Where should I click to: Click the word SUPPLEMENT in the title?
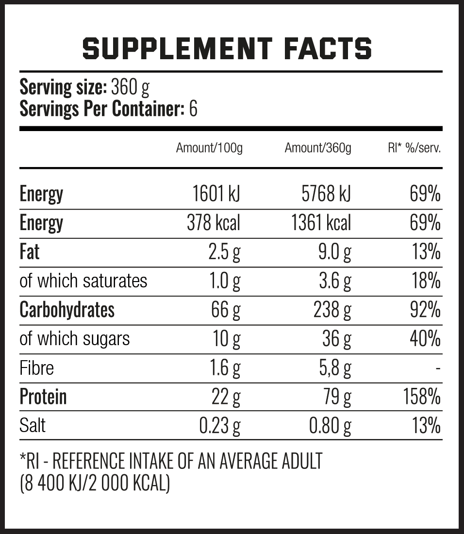177,48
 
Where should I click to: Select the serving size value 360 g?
130,87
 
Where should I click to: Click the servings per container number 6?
193,109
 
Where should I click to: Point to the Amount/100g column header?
209,148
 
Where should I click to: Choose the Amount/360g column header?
318,148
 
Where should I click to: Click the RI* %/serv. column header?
414,148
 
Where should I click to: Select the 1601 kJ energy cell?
216,194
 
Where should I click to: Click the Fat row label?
30,252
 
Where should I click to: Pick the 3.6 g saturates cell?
335,282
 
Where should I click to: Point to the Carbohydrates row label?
67,310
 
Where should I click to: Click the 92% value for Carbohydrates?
425,310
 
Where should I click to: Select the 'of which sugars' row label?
75,339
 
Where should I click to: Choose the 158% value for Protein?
421,397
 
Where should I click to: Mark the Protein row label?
43,397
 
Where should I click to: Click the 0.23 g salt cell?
220,426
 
